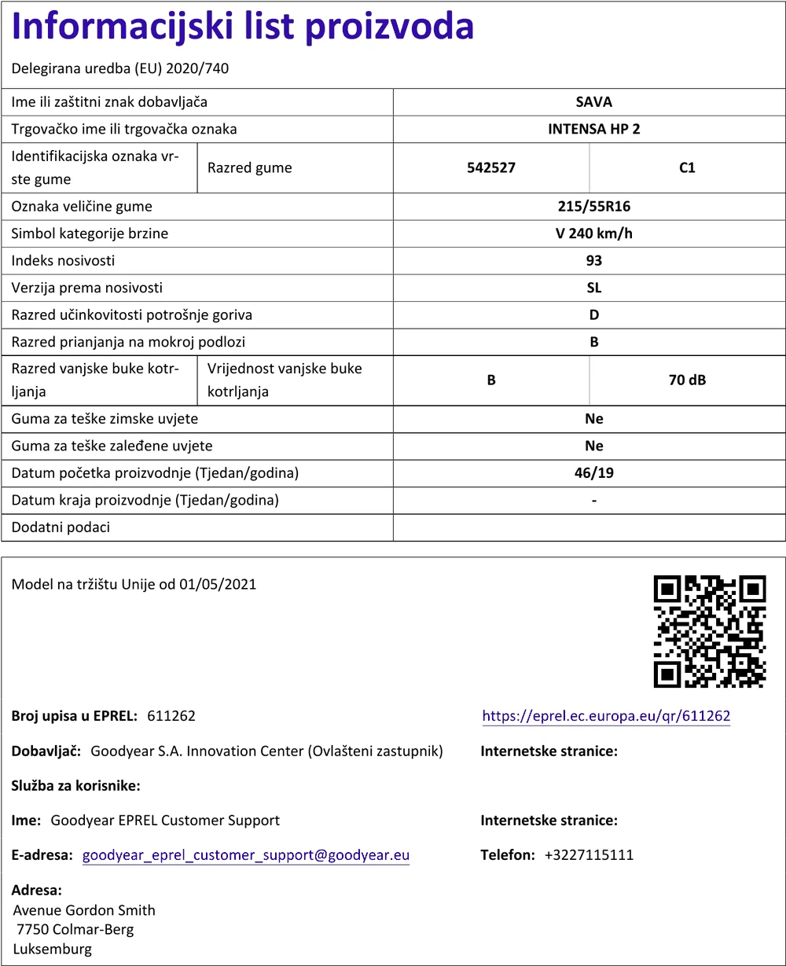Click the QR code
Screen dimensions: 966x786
click(x=710, y=631)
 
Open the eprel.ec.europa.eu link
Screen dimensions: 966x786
click(x=606, y=716)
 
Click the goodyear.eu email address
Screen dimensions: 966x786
click(x=246, y=855)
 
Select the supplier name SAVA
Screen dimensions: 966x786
click(x=593, y=102)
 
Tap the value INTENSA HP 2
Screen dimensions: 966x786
click(x=593, y=129)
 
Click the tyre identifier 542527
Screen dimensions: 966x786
click(x=491, y=167)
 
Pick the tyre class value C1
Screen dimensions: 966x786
click(x=687, y=167)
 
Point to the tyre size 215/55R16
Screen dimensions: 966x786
click(x=593, y=207)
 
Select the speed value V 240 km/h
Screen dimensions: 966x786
click(x=593, y=233)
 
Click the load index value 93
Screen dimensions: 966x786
click(x=593, y=261)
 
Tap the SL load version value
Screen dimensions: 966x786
click(x=593, y=288)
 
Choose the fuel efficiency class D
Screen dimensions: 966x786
click(x=593, y=315)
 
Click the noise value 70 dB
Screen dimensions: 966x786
click(x=687, y=380)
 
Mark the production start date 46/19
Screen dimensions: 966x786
click(x=593, y=473)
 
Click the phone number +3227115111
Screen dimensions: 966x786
click(x=589, y=855)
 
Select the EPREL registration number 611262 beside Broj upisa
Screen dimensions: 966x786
click(x=171, y=716)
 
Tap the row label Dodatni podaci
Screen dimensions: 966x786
click(x=61, y=527)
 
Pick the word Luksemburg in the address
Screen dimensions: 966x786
click(x=53, y=949)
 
